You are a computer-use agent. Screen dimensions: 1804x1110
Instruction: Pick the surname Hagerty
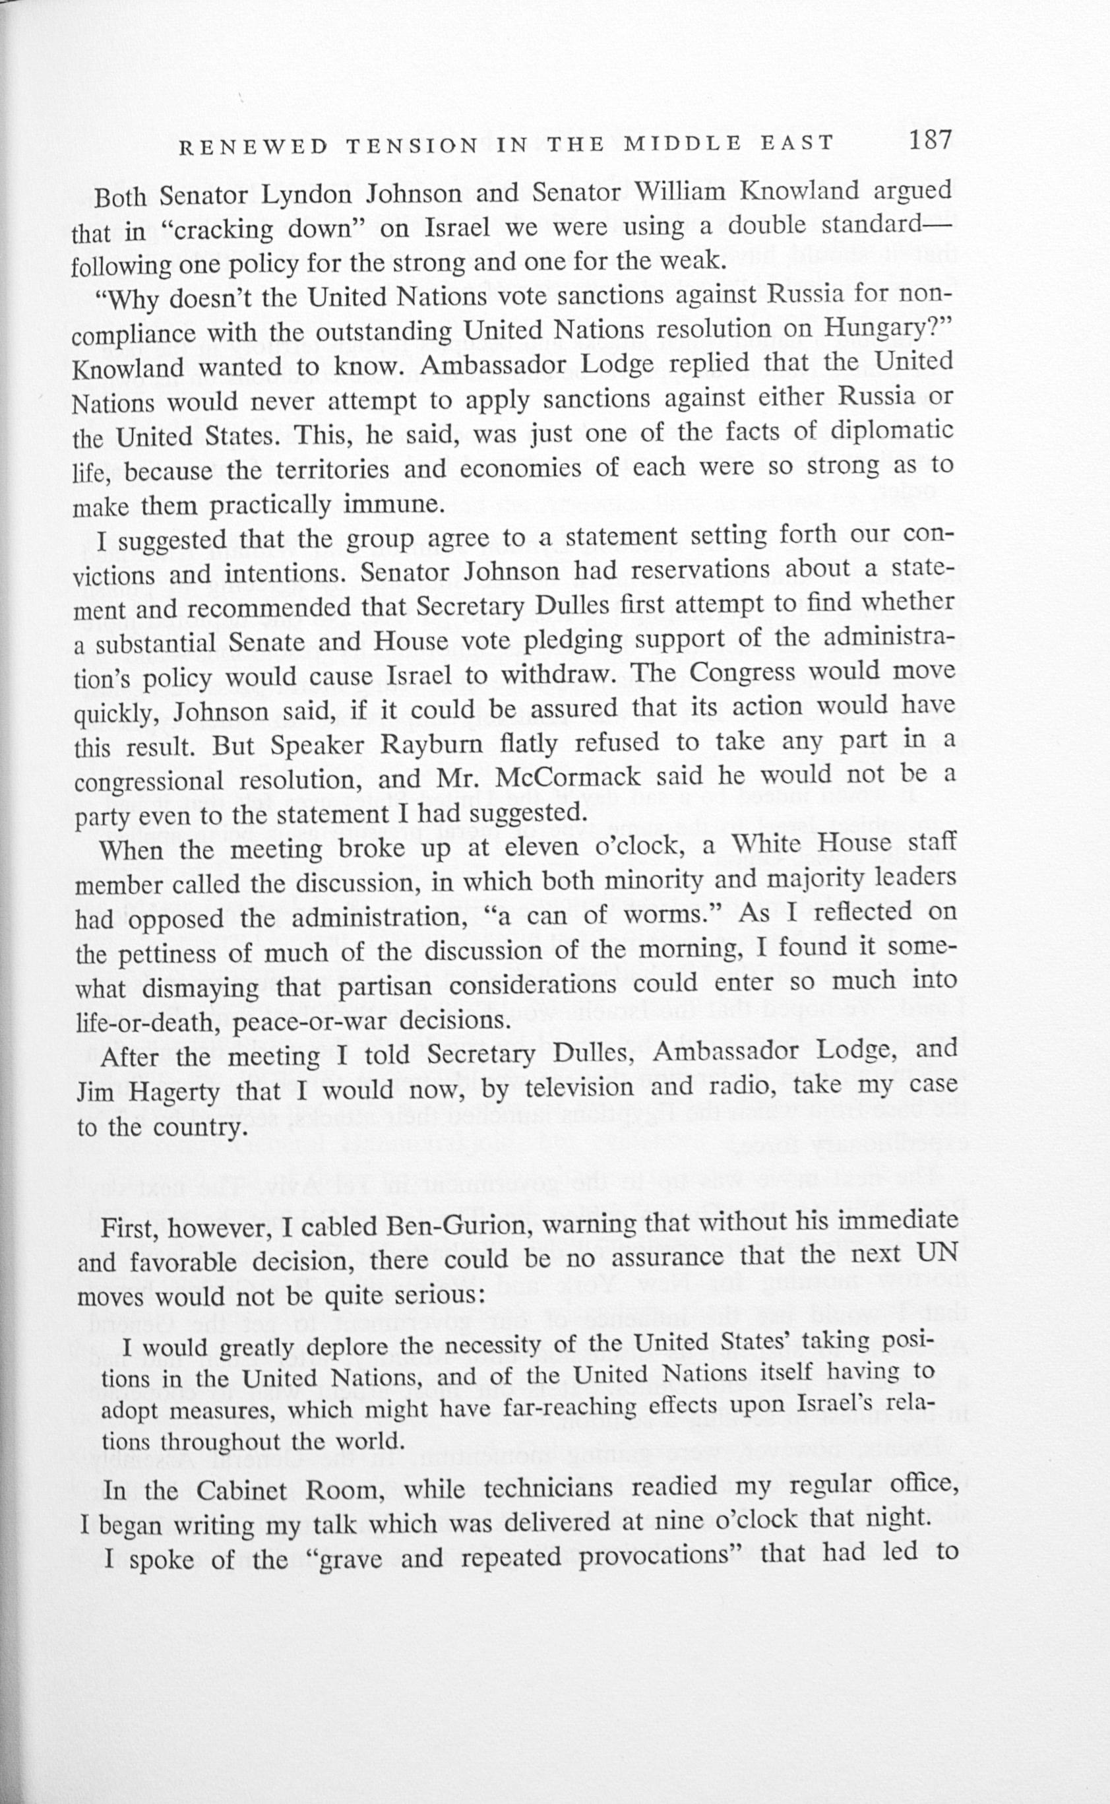click(x=173, y=1093)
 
